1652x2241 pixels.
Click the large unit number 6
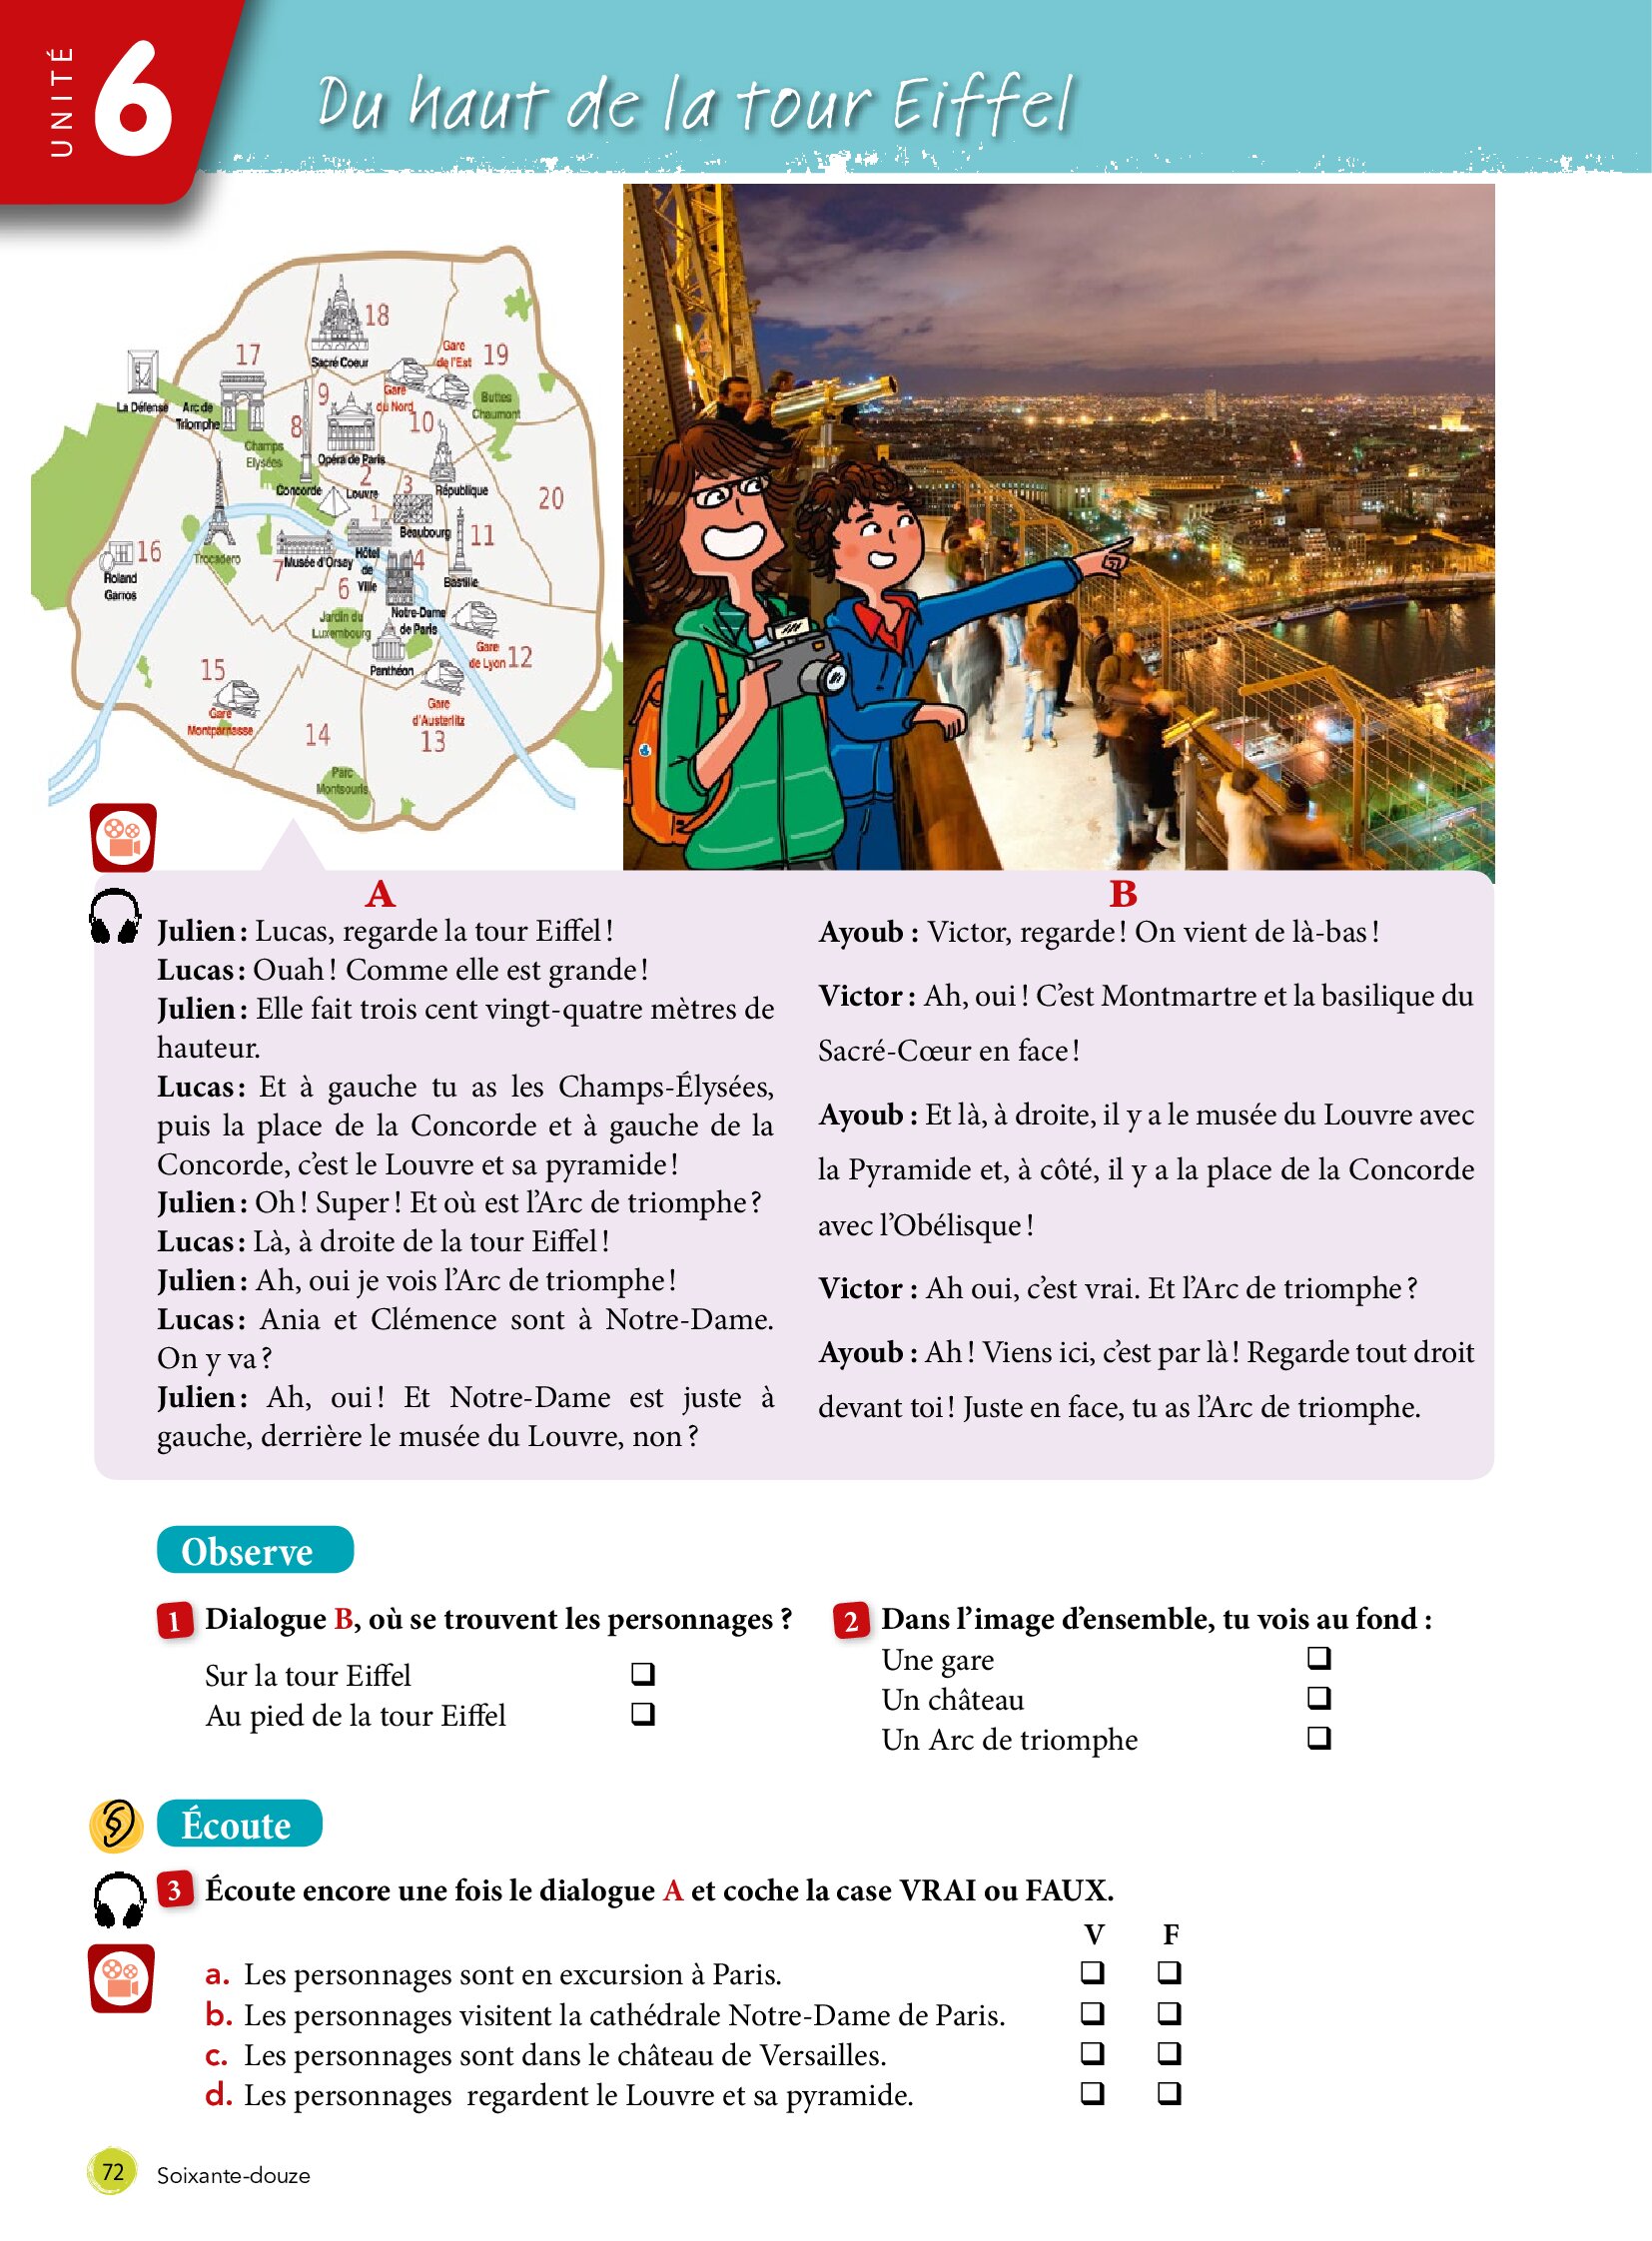point(132,100)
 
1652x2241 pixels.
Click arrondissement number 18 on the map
point(377,316)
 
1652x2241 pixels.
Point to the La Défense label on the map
point(142,408)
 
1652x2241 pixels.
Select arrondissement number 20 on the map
point(551,499)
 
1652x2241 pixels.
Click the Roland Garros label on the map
point(120,586)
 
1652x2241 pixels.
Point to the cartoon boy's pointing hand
point(1114,555)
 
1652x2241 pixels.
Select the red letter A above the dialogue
point(380,893)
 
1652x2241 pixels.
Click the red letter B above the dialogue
point(1123,894)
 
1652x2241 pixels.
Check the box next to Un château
point(1319,1698)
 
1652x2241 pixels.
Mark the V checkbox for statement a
point(1093,1972)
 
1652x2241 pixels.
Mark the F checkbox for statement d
point(1170,2092)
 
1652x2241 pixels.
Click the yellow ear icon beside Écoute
point(116,1825)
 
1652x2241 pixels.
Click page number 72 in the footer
point(112,2172)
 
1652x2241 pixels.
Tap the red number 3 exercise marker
point(175,1890)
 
